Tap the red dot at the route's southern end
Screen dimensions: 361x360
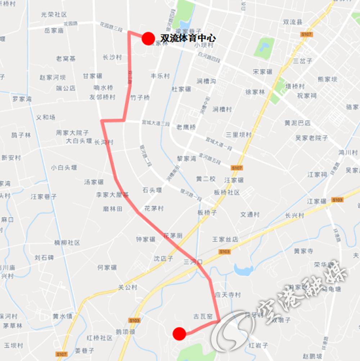[x=179, y=334]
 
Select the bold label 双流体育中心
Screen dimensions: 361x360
[x=188, y=38]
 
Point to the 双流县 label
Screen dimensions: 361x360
[x=293, y=22]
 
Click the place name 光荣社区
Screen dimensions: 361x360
[x=54, y=15]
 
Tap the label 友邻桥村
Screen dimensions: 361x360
[x=102, y=97]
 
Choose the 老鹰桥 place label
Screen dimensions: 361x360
[x=186, y=127]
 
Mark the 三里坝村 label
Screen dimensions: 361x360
[x=239, y=135]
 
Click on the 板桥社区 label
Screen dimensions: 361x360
[x=227, y=193]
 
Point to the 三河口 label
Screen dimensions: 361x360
[x=193, y=262]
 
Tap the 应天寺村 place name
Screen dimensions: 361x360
[x=228, y=295]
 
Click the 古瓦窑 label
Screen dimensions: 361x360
[x=203, y=316]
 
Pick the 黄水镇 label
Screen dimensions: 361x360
[x=62, y=316]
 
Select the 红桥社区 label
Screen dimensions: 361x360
[x=100, y=338]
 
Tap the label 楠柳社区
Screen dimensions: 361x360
[x=67, y=243]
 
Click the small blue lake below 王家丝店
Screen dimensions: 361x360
[x=243, y=269]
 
